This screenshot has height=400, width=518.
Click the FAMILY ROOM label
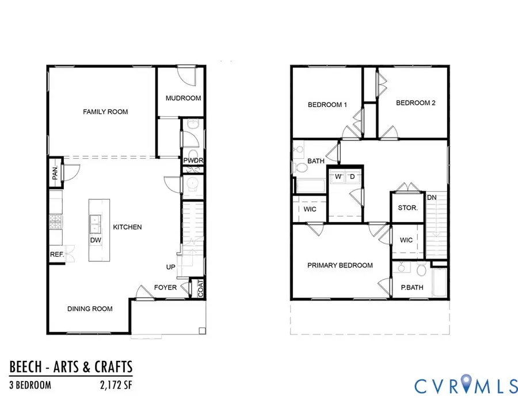105,112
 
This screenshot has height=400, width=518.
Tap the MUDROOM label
183,98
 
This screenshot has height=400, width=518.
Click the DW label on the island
96,240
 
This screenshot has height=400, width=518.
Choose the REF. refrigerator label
56,253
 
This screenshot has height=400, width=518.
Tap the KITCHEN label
127,227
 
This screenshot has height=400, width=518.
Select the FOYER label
165,287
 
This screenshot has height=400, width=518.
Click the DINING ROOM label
89,308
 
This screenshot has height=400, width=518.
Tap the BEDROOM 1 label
327,105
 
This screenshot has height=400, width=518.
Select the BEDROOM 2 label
416,103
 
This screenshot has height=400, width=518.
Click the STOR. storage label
408,208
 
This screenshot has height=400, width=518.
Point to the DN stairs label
432,198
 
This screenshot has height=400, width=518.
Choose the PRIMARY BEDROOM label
340,265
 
